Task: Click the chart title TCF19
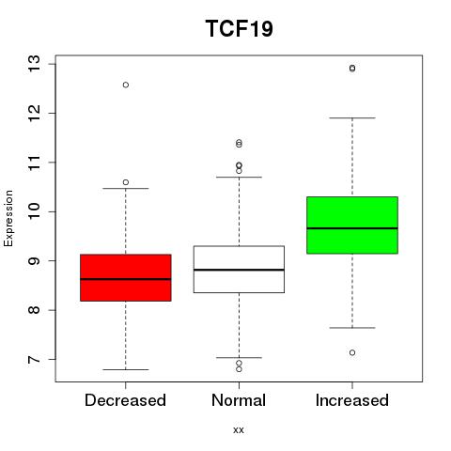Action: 240,28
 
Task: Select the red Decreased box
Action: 126,278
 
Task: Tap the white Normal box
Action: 239,270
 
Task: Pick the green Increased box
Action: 352,225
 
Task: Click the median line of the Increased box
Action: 352,228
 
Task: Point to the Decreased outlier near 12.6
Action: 126,85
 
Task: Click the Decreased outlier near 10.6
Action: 126,182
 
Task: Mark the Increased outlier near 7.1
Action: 352,352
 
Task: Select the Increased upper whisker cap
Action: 352,118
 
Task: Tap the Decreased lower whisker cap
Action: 126,369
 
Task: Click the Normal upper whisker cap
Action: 239,177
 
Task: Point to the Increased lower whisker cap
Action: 352,328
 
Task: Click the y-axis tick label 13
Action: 34,64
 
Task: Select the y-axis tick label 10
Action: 34,211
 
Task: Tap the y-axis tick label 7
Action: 34,359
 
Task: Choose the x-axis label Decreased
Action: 125,400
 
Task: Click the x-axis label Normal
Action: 239,400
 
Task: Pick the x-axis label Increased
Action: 352,400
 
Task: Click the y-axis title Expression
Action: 8,218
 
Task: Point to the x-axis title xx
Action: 239,430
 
